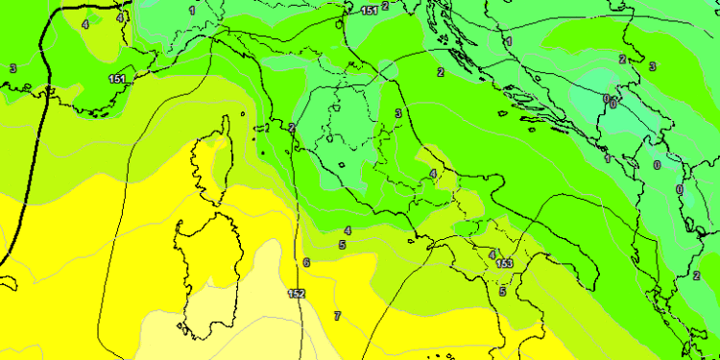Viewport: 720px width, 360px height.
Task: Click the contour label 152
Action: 296,293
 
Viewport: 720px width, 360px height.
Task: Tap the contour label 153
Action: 505,263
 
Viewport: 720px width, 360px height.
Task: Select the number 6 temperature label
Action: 306,262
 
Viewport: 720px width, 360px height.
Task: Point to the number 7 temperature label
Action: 337,316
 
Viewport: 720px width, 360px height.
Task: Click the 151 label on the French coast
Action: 118,79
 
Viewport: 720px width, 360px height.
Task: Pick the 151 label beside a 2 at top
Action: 370,11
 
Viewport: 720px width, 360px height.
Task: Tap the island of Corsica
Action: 216,163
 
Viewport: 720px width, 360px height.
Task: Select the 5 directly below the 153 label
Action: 502,291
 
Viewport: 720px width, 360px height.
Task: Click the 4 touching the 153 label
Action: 492,255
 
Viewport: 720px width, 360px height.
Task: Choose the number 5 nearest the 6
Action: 342,245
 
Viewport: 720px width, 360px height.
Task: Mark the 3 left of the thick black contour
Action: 12,68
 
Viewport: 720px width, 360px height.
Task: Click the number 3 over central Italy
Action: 397,113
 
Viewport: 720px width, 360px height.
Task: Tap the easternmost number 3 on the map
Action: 652,66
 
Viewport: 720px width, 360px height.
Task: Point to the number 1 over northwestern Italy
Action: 192,11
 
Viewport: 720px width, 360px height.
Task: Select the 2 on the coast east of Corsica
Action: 291,127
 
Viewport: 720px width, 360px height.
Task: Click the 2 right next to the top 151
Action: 386,6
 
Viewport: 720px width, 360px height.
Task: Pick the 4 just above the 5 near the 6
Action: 348,230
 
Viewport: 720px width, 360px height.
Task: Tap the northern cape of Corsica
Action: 228,121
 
